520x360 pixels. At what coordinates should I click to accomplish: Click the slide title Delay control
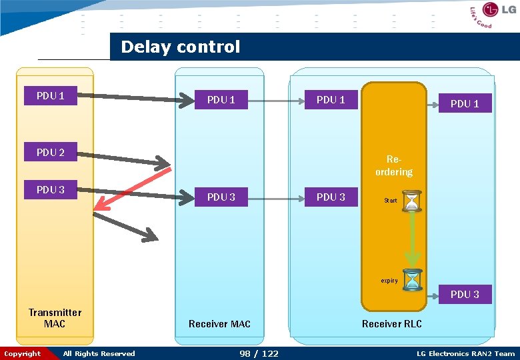[x=180, y=47]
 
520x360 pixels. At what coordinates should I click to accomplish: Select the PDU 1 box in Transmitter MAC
[x=51, y=96]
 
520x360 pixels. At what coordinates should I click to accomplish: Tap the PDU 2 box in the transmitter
[x=51, y=153]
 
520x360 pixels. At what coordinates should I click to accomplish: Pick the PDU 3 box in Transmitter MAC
[x=51, y=190]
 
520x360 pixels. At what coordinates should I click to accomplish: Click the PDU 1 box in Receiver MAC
[x=221, y=100]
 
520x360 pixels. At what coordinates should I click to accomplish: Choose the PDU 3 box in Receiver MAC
[x=221, y=197]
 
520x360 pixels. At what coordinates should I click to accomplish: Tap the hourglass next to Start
[x=413, y=201]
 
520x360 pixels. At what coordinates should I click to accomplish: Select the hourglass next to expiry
[x=413, y=279]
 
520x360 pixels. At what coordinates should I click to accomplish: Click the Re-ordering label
[x=393, y=166]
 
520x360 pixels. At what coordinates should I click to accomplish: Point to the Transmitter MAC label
[x=55, y=318]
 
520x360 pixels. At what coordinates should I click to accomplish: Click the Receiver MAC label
[x=219, y=324]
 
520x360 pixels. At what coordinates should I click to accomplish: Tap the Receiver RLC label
[x=391, y=324]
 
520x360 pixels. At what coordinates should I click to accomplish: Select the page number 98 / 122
[x=259, y=353]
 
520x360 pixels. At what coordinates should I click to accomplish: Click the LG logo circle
[x=491, y=10]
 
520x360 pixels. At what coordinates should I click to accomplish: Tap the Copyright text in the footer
[x=23, y=354]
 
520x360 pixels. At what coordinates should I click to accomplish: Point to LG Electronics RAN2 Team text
[x=465, y=354]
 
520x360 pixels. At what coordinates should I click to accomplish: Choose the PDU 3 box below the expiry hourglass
[x=465, y=295]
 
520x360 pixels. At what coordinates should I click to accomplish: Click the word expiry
[x=389, y=281]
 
